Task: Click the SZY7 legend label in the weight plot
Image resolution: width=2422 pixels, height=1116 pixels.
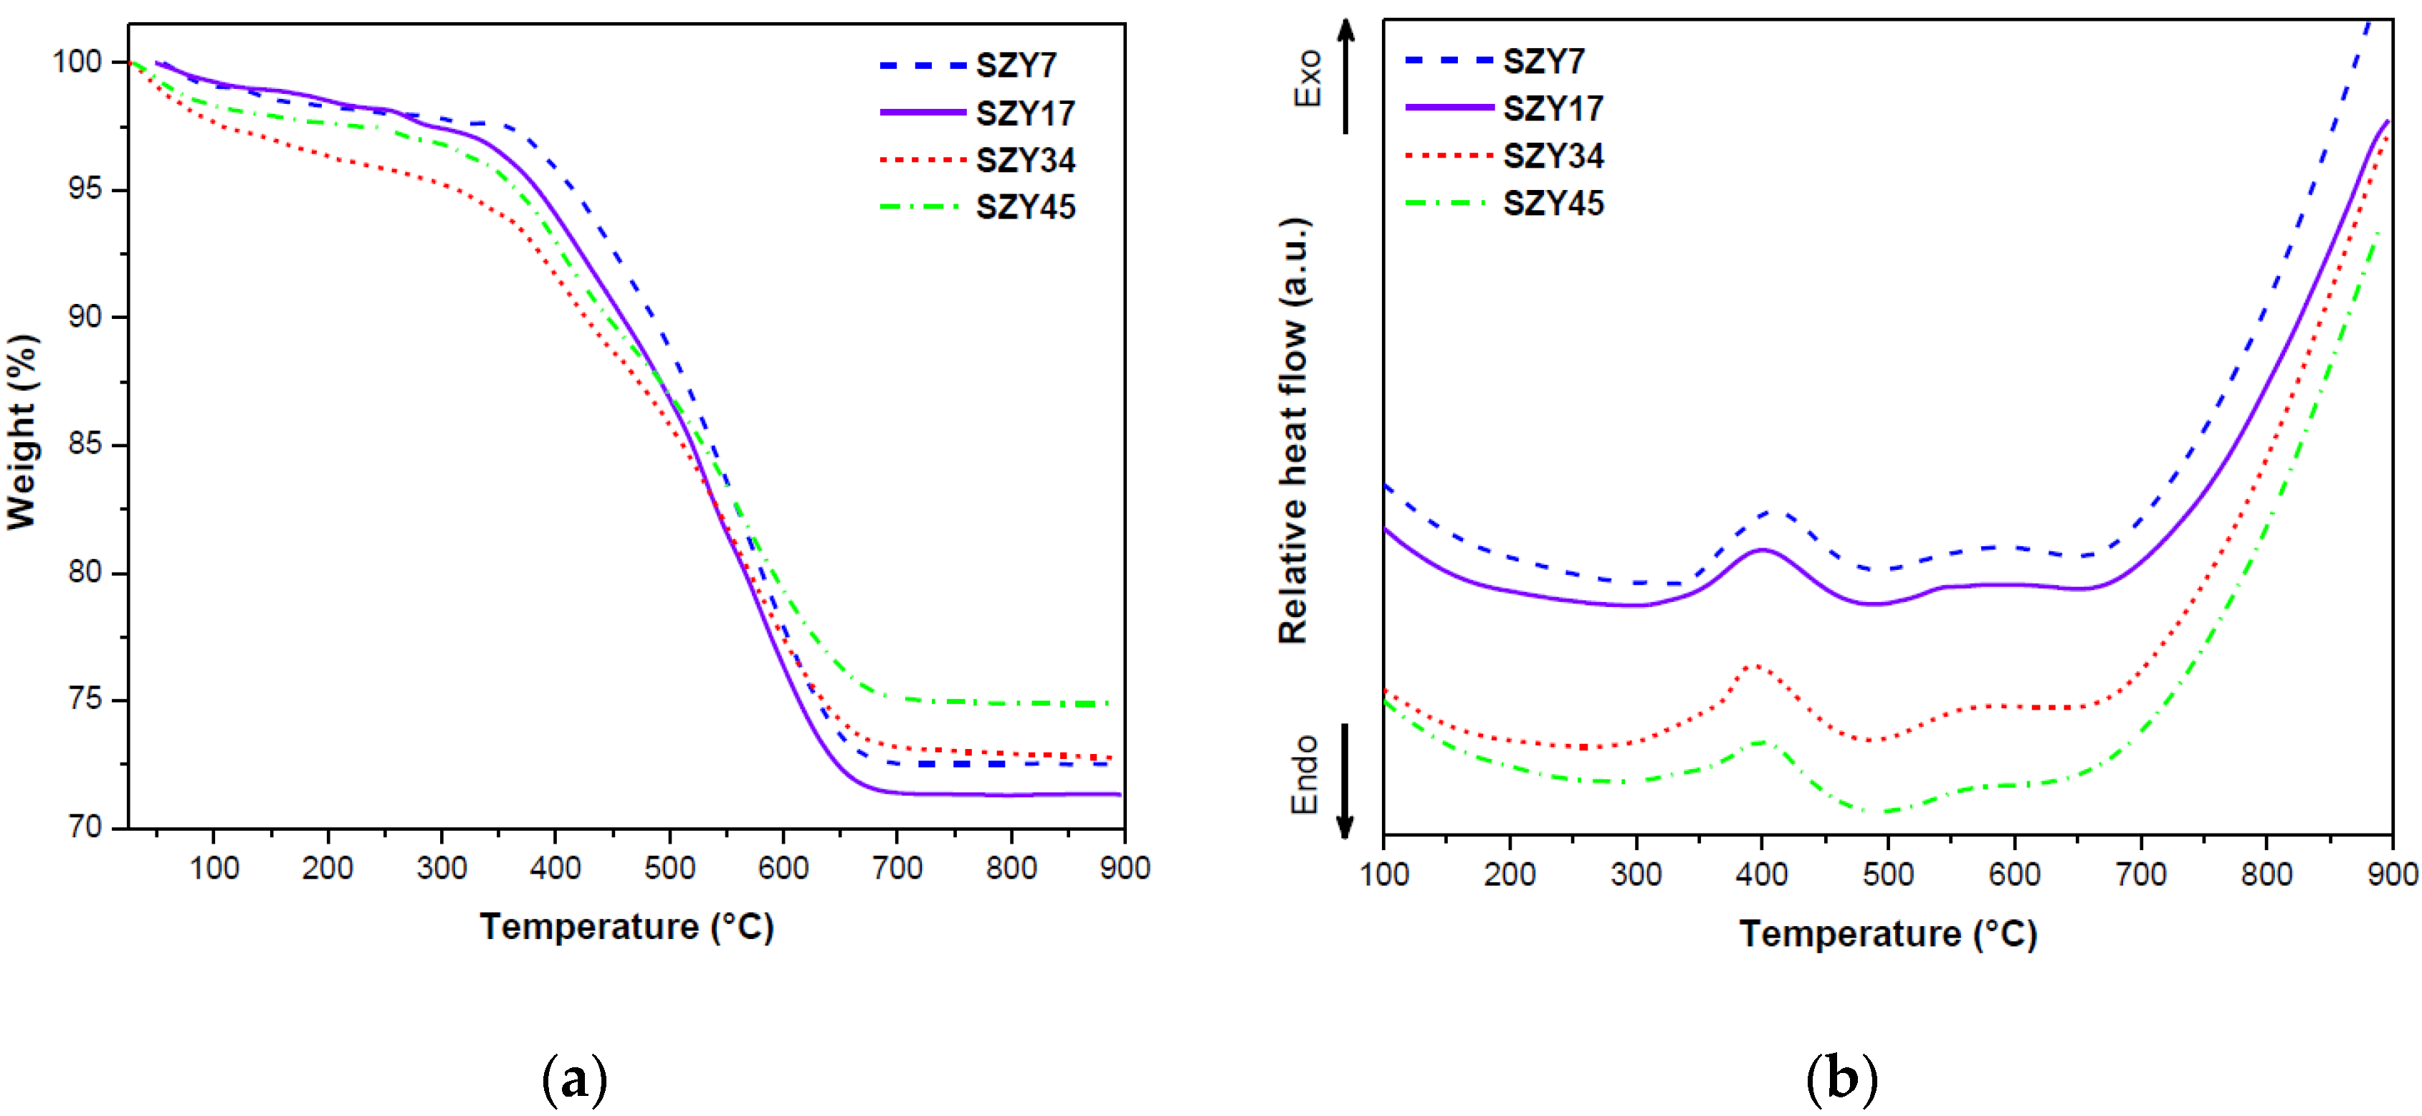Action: pyautogui.click(x=1016, y=66)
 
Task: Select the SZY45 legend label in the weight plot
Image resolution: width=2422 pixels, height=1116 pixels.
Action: pyautogui.click(x=1025, y=207)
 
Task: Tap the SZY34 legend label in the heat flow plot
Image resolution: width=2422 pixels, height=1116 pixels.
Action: pyautogui.click(x=1553, y=156)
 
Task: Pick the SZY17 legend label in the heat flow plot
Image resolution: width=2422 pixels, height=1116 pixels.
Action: pyautogui.click(x=1553, y=109)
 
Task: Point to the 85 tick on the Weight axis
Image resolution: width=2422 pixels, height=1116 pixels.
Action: pyautogui.click(x=84, y=444)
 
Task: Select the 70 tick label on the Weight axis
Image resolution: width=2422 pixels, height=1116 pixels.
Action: pyautogui.click(x=84, y=827)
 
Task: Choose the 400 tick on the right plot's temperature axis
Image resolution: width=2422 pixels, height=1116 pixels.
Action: pyautogui.click(x=1761, y=874)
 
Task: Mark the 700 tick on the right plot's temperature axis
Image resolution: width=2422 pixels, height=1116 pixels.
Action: pyautogui.click(x=2141, y=874)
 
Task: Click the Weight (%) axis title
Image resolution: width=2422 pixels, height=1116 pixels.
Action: pyautogui.click(x=22, y=432)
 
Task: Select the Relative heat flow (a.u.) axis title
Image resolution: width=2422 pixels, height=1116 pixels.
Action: pyautogui.click(x=1294, y=431)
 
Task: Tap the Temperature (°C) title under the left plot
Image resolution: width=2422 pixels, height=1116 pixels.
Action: pyautogui.click(x=626, y=927)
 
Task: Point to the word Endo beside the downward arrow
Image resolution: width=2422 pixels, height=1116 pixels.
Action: pyautogui.click(x=1305, y=775)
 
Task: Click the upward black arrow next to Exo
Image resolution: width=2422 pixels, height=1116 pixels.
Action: pyautogui.click(x=1346, y=75)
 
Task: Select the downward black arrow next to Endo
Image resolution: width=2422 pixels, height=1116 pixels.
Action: pyautogui.click(x=1345, y=781)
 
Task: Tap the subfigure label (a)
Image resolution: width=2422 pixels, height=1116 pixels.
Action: pyautogui.click(x=574, y=1079)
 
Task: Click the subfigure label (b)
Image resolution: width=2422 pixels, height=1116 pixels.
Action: pyautogui.click(x=1841, y=1079)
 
